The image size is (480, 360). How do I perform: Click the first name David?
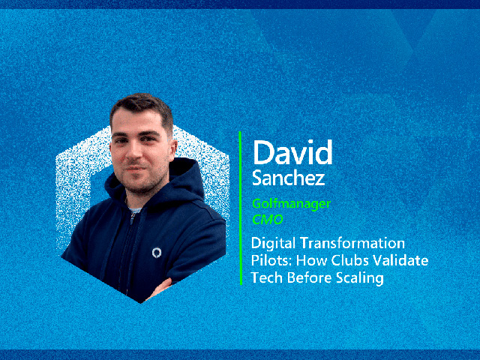click(x=292, y=152)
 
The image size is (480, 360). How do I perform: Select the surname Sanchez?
click(x=288, y=178)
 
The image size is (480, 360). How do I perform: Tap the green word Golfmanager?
click(x=291, y=204)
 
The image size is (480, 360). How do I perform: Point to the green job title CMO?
click(x=267, y=220)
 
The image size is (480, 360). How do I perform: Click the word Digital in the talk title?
click(x=273, y=244)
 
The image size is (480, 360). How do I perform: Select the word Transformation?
click(x=352, y=243)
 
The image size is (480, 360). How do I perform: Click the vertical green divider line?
click(x=241, y=208)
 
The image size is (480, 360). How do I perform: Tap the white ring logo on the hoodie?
click(x=157, y=253)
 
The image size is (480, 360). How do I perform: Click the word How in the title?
click(x=312, y=260)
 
